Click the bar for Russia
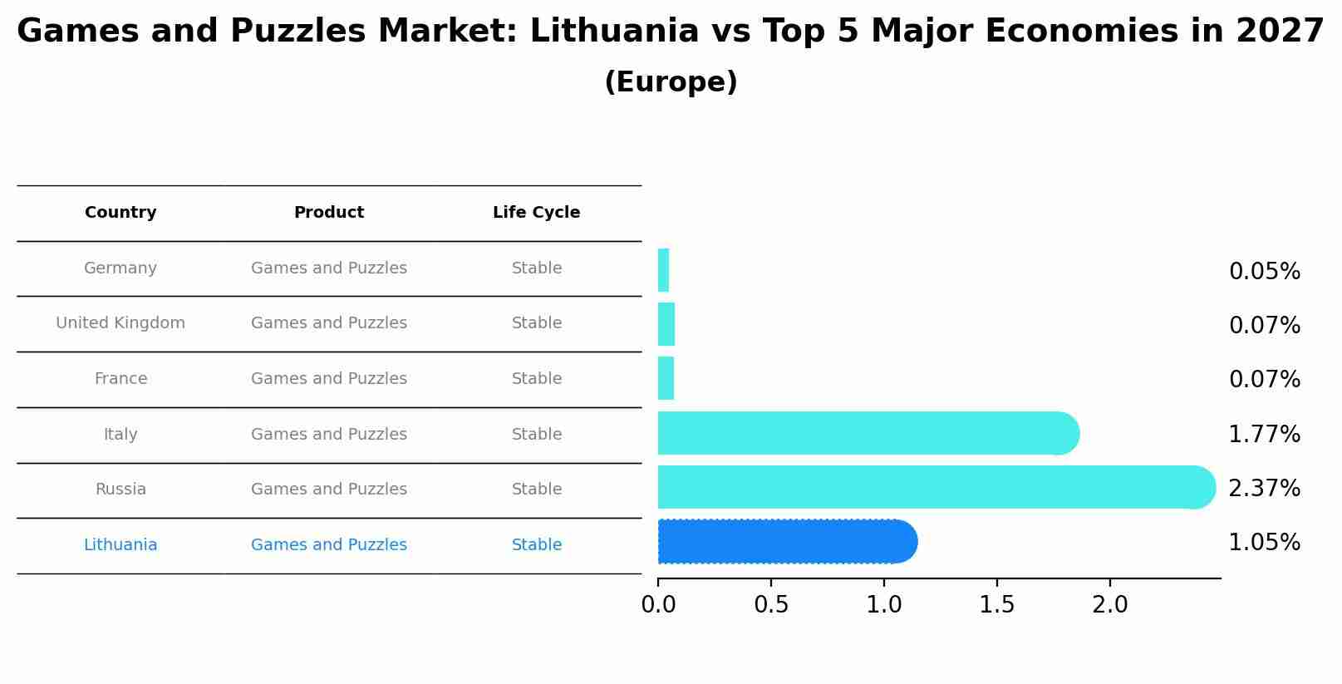[x=935, y=487]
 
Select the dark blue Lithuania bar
[x=786, y=542]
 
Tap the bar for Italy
[x=867, y=433]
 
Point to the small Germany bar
[x=663, y=270]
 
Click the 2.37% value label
[x=1264, y=489]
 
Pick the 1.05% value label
[x=1264, y=543]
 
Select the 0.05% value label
[x=1264, y=272]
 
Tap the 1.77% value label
[x=1264, y=435]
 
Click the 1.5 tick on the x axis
[x=997, y=605]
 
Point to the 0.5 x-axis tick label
[x=771, y=605]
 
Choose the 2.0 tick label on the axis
[x=1110, y=605]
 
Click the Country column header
[x=120, y=213]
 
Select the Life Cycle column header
[x=537, y=213]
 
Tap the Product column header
[x=329, y=213]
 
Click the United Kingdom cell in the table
[x=120, y=323]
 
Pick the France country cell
[x=120, y=379]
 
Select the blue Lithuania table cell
[x=120, y=545]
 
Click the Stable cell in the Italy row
[x=537, y=435]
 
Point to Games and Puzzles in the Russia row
[x=329, y=490]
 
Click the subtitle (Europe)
[x=671, y=82]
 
